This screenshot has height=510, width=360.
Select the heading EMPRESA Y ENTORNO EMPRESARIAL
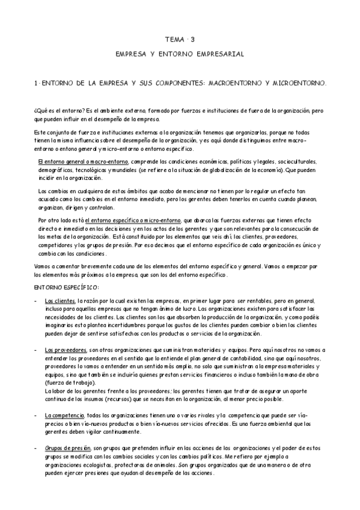point(180,54)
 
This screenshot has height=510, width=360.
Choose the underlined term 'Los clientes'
point(60,301)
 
